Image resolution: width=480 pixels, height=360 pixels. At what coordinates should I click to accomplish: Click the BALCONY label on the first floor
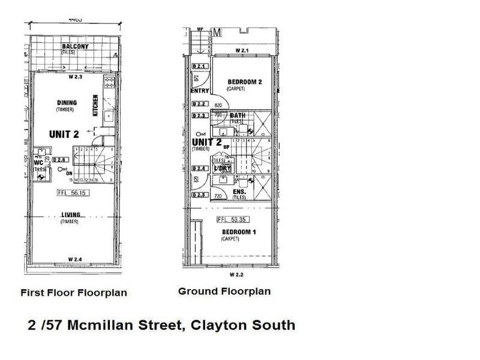[75, 46]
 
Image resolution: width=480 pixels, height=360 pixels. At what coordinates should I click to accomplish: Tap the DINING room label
[67, 103]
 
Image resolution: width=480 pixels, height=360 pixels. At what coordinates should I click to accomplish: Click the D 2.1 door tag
[199, 66]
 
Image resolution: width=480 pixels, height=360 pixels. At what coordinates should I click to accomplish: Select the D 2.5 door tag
[199, 195]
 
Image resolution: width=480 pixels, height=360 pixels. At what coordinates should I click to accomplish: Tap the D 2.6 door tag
[58, 160]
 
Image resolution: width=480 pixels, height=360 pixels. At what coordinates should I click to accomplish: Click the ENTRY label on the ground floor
[199, 91]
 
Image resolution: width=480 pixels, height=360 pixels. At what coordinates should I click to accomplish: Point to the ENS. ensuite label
[239, 192]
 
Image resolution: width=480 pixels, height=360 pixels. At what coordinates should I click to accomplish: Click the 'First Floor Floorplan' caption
[74, 293]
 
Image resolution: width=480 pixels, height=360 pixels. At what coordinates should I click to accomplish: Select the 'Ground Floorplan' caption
[224, 292]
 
